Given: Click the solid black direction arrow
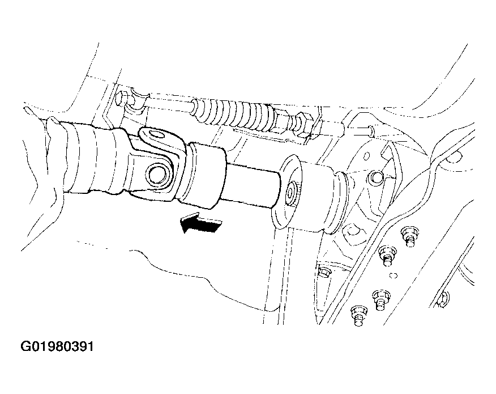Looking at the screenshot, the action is tap(200, 223).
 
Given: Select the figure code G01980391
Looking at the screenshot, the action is tap(57, 346).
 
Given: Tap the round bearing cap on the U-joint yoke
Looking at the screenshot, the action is tap(157, 175).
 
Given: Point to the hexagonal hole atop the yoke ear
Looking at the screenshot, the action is tap(157, 135).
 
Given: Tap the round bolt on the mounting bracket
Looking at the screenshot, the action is tap(375, 177).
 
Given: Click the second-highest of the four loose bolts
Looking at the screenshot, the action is tap(387, 256).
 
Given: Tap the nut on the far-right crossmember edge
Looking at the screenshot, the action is tap(444, 299).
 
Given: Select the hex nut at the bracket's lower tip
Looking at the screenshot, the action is tap(323, 272).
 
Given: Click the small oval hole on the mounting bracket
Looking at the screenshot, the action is tap(367, 156).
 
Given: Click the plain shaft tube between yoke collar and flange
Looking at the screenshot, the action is tap(251, 185).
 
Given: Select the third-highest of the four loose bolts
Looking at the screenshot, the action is tap(380, 300).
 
